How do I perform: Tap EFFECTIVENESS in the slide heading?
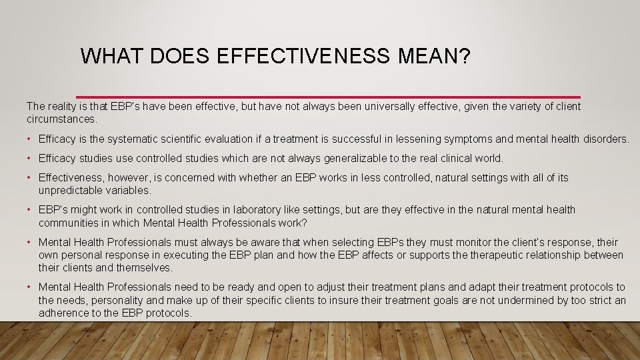pyautogui.click(x=303, y=56)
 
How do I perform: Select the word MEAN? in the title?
pyautogui.click(x=435, y=56)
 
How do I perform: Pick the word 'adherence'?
pyautogui.click(x=62, y=313)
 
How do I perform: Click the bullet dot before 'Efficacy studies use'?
pyautogui.click(x=30, y=159)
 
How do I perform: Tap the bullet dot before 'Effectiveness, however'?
pyautogui.click(x=30, y=178)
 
